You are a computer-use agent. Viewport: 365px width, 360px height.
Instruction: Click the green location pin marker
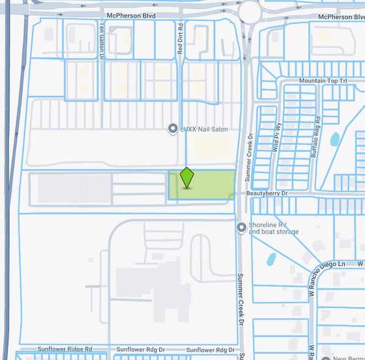[187, 178]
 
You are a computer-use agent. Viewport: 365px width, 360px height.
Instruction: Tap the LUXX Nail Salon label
[202, 129]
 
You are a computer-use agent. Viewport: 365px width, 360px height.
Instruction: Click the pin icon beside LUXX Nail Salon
[173, 129]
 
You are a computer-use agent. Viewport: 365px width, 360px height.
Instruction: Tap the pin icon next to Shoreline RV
[242, 228]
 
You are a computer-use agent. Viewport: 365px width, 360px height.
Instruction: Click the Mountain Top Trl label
[323, 81]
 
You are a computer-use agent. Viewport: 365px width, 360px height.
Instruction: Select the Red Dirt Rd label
[181, 42]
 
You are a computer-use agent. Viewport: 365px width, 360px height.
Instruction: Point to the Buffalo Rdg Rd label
[315, 137]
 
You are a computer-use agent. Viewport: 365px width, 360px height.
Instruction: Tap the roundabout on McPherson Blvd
[250, 11]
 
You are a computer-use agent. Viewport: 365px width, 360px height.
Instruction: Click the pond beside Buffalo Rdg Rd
[335, 139]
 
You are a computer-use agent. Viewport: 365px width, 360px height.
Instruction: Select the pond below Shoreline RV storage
[271, 259]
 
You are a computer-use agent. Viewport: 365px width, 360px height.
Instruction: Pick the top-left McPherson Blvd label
[131, 15]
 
